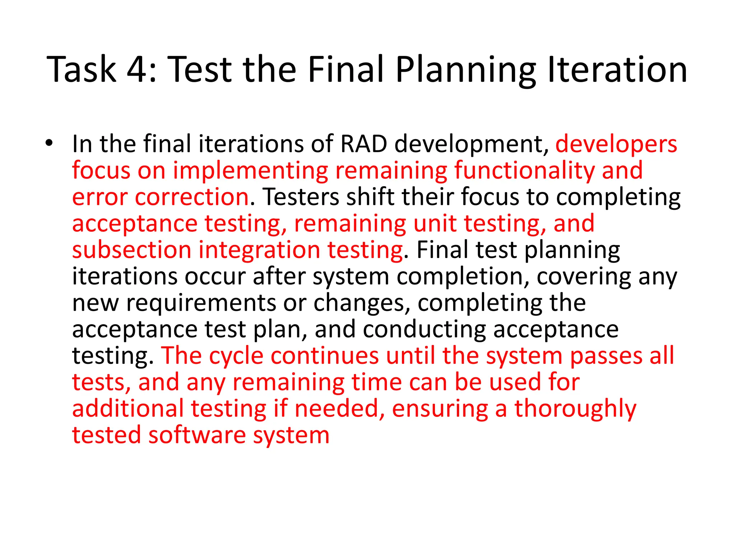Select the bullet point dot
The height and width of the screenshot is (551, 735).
tap(49, 143)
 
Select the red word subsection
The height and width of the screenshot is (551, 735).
tap(132, 250)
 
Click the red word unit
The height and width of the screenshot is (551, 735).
tap(435, 223)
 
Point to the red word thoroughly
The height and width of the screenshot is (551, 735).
tap(575, 409)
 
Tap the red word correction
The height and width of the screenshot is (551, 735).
tap(192, 197)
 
